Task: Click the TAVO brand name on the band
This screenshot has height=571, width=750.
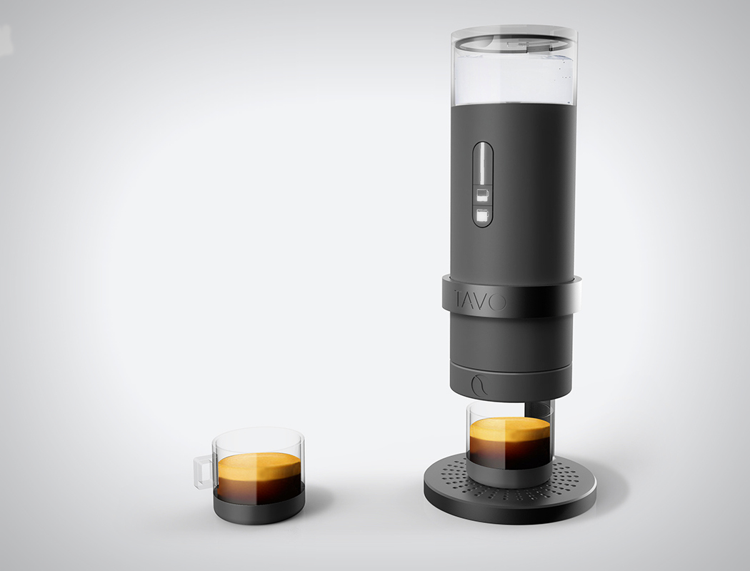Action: point(479,302)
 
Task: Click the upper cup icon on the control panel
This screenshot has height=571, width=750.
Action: point(482,194)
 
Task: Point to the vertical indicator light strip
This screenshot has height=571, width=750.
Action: point(483,162)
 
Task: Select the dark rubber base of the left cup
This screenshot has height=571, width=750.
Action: point(259,510)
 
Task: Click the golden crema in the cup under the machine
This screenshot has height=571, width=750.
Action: point(509,431)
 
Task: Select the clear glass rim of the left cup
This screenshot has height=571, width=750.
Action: point(259,434)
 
